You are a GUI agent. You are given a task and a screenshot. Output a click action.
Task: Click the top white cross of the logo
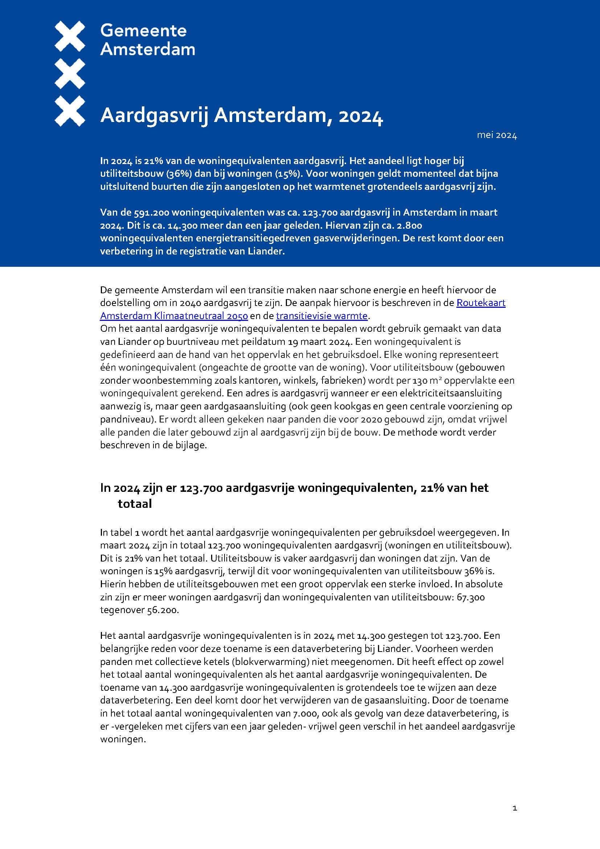pyautogui.click(x=70, y=36)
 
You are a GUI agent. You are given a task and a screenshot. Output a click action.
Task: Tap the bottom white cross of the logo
pyautogui.click(x=70, y=111)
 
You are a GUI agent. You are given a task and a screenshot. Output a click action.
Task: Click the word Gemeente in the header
pyautogui.click(x=143, y=31)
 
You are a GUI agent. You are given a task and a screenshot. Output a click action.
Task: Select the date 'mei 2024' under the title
pyautogui.click(x=497, y=135)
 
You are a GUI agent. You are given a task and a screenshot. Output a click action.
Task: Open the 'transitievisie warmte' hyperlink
pyautogui.click(x=321, y=316)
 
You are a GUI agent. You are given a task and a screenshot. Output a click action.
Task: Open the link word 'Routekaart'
pyautogui.click(x=481, y=303)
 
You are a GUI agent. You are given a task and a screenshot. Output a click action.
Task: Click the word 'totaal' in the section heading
pyautogui.click(x=135, y=504)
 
